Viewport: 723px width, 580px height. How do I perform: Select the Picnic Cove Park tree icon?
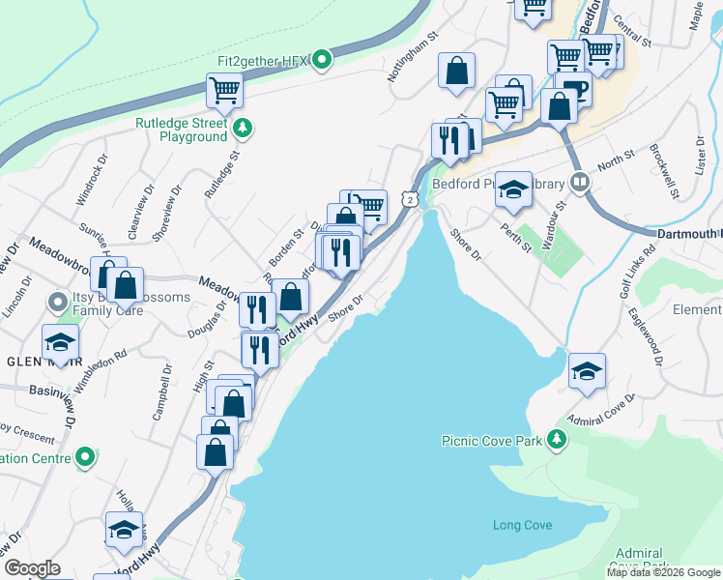coord(556,440)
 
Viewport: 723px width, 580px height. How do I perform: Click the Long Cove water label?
coord(522,525)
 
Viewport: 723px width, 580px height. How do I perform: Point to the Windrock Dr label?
coord(93,184)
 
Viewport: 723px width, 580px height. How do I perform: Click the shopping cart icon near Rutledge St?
coord(224,91)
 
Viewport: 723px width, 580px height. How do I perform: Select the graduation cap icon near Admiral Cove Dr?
coord(587,370)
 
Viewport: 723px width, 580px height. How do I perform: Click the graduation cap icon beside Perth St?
coord(514,189)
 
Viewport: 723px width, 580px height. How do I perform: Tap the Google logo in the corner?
coord(33,568)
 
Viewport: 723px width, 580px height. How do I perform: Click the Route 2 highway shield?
coord(411,198)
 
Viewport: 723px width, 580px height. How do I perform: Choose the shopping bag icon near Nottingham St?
coord(456,70)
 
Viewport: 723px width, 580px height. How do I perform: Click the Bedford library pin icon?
coord(580,181)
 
